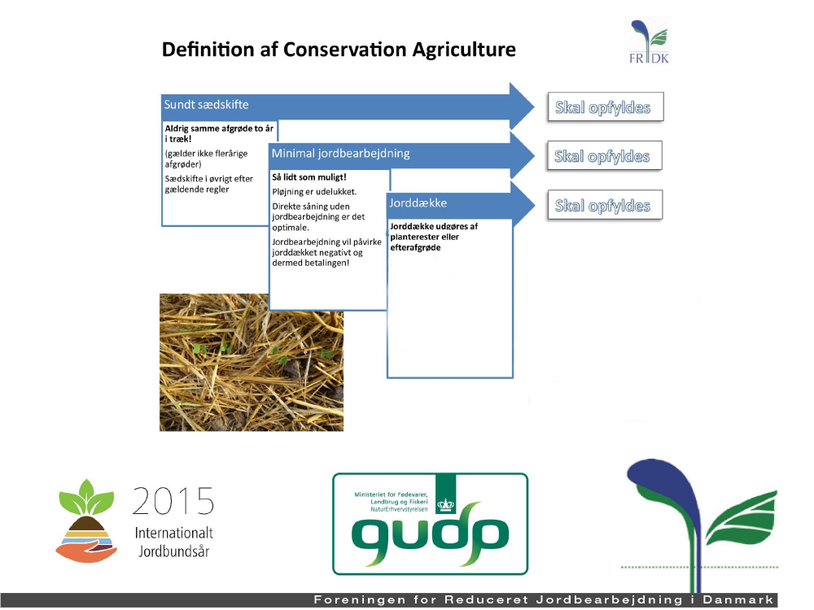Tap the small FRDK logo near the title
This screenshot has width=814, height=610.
(649, 41)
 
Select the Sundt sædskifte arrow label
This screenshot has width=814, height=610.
(206, 105)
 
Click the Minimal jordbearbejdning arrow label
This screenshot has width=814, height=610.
(340, 154)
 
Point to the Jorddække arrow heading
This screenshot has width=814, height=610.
(418, 203)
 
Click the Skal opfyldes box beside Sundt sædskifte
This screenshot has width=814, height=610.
(606, 107)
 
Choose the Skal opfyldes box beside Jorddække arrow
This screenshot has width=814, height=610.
(605, 206)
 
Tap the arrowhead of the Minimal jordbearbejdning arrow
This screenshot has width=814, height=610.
(523, 155)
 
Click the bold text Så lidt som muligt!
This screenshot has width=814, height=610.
(309, 177)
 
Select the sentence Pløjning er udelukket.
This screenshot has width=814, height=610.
(314, 192)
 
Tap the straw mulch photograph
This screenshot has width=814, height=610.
(252, 363)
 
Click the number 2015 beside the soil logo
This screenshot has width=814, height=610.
(173, 501)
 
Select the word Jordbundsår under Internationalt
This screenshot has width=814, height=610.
(173, 551)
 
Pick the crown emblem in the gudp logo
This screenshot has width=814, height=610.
(445, 504)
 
